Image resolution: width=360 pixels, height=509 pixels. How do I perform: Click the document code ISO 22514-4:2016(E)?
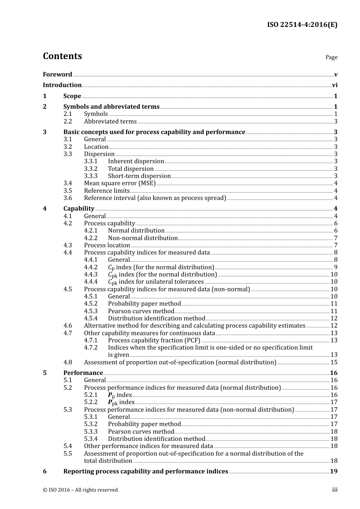302,25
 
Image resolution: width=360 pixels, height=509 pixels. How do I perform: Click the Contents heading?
62,56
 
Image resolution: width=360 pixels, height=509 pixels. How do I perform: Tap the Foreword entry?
57,74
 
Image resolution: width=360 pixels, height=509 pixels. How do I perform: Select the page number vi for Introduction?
335,85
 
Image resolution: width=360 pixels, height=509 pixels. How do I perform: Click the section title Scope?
72,96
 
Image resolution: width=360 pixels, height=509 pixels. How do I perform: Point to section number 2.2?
67,122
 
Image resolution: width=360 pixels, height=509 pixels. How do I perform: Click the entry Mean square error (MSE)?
120,183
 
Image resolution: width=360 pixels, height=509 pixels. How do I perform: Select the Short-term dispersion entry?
139,176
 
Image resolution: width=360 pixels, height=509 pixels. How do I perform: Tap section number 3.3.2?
91,169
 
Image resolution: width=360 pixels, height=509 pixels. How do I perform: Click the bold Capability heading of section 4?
79,209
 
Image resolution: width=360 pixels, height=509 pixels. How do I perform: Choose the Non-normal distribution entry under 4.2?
142,238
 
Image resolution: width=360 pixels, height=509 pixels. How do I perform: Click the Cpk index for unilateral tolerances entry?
156,282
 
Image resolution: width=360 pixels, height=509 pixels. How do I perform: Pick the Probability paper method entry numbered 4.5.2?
144,304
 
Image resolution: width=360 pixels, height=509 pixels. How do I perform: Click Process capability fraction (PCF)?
154,340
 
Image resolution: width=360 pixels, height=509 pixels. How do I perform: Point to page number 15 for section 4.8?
334,362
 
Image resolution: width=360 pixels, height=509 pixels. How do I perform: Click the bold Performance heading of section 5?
83,373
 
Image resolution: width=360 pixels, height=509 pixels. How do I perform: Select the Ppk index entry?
121,402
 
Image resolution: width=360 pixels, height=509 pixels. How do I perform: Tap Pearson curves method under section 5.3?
141,432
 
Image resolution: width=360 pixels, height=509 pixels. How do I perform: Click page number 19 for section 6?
334,472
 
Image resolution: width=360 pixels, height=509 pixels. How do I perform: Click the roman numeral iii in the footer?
335,490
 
